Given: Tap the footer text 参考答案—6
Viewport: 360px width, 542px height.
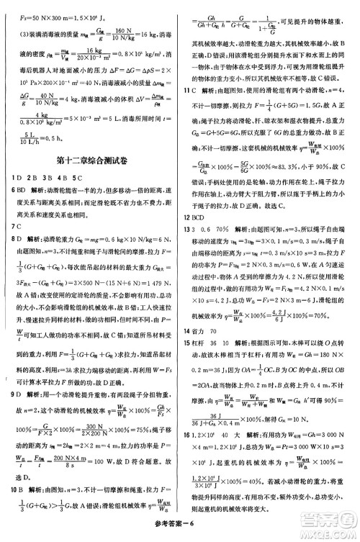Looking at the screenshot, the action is click(x=180, y=526).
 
